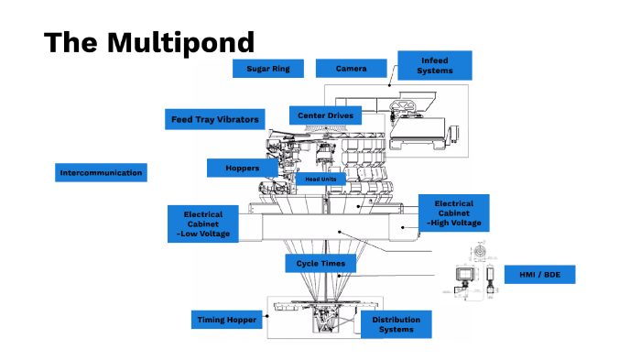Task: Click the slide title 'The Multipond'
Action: [x=149, y=42]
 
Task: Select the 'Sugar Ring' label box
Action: [x=268, y=69]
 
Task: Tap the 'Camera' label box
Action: [x=351, y=69]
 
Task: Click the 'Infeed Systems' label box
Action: [x=434, y=65]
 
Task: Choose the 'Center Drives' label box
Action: [x=325, y=115]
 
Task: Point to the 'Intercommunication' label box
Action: [x=102, y=172]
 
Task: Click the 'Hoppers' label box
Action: [x=243, y=168]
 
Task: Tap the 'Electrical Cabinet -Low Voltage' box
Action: [x=202, y=224]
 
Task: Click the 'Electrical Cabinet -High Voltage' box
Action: [x=453, y=213]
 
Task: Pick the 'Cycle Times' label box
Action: [x=320, y=264]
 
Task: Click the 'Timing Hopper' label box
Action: [x=227, y=320]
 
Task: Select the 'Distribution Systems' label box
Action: [x=396, y=325]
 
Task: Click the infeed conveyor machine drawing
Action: [x=421, y=125]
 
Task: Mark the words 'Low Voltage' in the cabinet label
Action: [x=205, y=235]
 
